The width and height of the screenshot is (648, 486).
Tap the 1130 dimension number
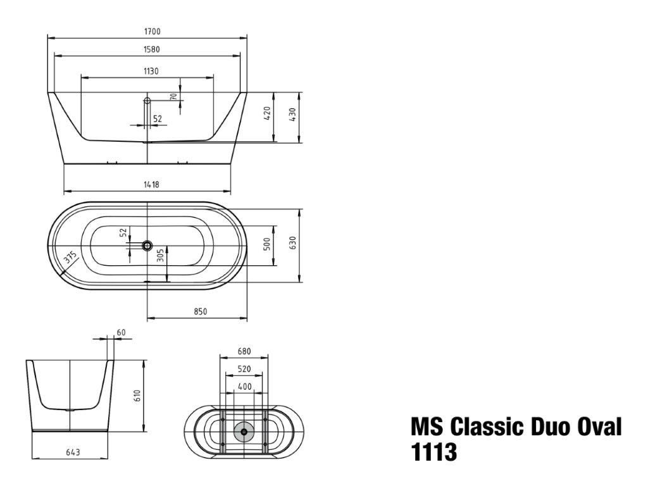[151, 71]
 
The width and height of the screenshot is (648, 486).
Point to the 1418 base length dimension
[151, 185]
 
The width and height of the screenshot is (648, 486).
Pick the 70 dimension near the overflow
[173, 97]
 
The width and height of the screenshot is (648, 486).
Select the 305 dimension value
[160, 255]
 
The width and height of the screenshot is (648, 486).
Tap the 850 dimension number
[201, 311]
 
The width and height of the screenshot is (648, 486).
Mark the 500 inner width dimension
[267, 243]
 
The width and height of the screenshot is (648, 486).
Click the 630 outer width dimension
[292, 243]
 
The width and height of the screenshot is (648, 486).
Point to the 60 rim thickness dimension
[121, 332]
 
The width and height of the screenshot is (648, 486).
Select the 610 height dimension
[137, 397]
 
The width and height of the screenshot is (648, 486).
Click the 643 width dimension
[72, 452]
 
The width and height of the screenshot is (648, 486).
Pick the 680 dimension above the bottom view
[244, 351]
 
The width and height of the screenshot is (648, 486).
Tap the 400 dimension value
[244, 386]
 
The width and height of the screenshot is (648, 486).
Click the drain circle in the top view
[147, 244]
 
